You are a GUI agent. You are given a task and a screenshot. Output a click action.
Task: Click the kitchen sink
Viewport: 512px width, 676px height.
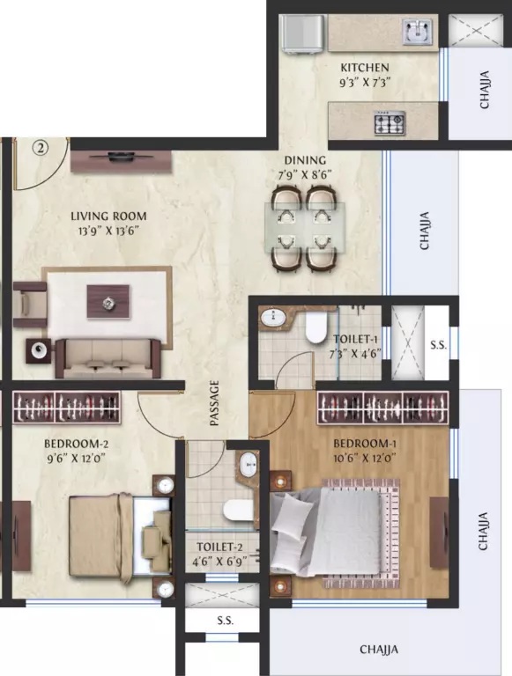tap(417, 32)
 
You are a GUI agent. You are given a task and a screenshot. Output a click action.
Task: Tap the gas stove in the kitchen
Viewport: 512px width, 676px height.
tap(390, 122)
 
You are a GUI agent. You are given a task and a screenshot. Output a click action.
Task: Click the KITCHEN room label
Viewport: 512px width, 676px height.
tap(365, 68)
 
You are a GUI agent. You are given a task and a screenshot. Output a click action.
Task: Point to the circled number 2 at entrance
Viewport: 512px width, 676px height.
tap(41, 148)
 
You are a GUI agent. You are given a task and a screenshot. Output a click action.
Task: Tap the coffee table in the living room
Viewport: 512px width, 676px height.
tap(108, 301)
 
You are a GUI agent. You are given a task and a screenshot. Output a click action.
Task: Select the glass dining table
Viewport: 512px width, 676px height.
tap(305, 227)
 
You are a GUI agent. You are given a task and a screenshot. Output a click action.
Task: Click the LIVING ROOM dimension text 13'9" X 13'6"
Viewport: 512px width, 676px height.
tap(108, 231)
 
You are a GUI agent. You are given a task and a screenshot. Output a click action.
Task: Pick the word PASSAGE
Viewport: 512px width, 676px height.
tap(214, 403)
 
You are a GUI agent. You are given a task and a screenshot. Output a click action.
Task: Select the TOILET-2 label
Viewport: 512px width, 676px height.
tap(219, 547)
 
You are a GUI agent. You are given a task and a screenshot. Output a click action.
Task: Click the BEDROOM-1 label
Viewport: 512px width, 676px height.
tap(365, 444)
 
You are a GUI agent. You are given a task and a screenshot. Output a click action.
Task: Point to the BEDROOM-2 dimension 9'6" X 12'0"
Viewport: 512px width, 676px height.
tap(76, 459)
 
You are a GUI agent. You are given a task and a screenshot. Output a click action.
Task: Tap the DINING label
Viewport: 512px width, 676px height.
tap(305, 160)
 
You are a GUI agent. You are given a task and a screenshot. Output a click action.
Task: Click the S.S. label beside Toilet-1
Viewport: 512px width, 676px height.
tap(438, 345)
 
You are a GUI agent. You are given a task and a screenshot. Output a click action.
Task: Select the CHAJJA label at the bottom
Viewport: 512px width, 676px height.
tap(379, 650)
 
